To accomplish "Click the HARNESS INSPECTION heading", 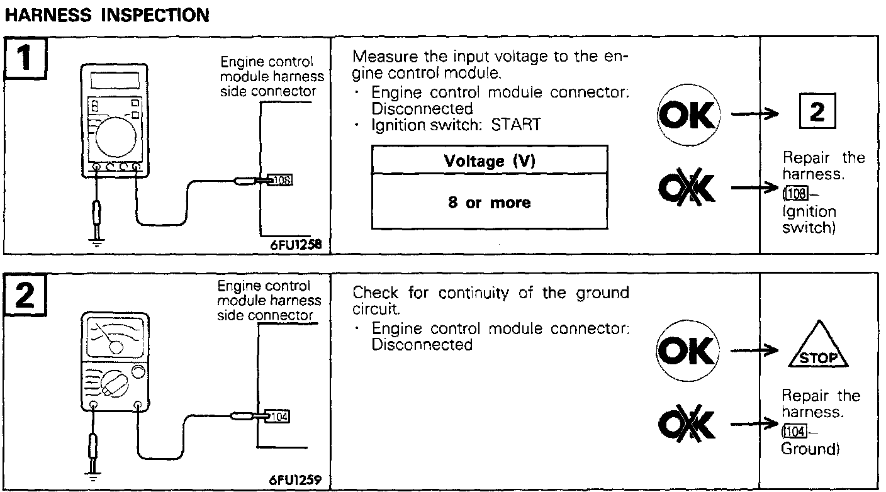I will point(106,16).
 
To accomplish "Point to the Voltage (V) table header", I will point(489,160).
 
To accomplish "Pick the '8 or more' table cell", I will point(489,203).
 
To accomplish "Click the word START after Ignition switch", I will point(515,125).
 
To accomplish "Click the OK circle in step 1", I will point(687,115).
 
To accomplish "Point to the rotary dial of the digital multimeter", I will point(115,132).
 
